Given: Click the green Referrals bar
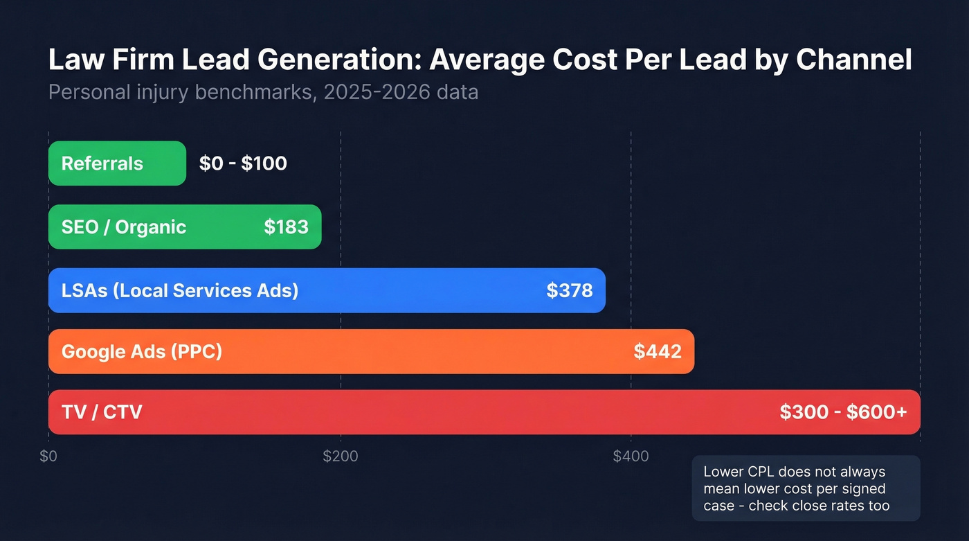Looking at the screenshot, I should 117,163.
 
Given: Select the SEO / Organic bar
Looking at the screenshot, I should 185,227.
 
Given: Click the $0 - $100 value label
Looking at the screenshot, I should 243,163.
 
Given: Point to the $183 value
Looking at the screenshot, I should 286,227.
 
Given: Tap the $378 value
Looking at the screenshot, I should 569,290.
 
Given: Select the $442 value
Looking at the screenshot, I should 658,351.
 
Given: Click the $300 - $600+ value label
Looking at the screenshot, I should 843,412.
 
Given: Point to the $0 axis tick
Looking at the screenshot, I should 48,456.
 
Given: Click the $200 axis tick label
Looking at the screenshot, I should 341,456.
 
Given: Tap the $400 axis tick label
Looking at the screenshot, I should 631,456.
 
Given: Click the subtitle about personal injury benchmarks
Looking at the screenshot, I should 263,92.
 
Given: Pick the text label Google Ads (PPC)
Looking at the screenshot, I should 142,351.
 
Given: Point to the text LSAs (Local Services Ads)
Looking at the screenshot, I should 180,290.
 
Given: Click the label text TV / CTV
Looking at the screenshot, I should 102,412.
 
